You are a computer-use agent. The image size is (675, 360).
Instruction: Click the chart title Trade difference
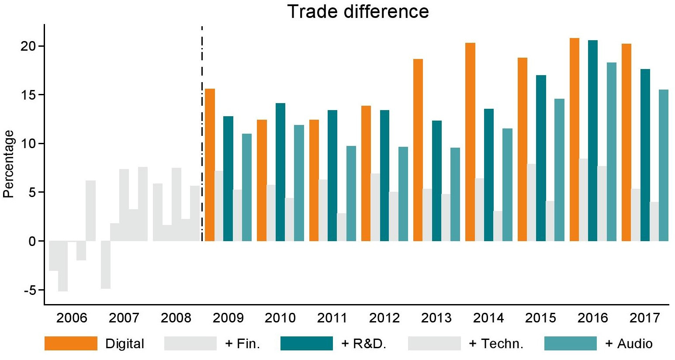click(358, 11)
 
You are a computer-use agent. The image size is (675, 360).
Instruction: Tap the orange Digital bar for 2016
click(575, 139)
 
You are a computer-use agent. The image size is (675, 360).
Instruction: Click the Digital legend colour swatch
click(71, 343)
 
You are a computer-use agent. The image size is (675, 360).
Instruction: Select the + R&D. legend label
click(363, 344)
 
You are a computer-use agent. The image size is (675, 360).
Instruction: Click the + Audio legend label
click(629, 344)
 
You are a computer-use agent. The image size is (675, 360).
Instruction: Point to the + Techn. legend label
click(496, 344)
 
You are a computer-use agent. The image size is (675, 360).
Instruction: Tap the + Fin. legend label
click(242, 344)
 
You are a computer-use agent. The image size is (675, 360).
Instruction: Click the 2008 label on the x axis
click(176, 318)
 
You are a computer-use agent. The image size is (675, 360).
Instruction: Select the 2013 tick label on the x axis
click(436, 318)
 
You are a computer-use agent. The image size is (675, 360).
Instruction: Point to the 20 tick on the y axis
click(30, 46)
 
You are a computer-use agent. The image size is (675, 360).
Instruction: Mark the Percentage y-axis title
click(9, 164)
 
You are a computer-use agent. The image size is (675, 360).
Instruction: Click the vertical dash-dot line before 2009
click(202, 131)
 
